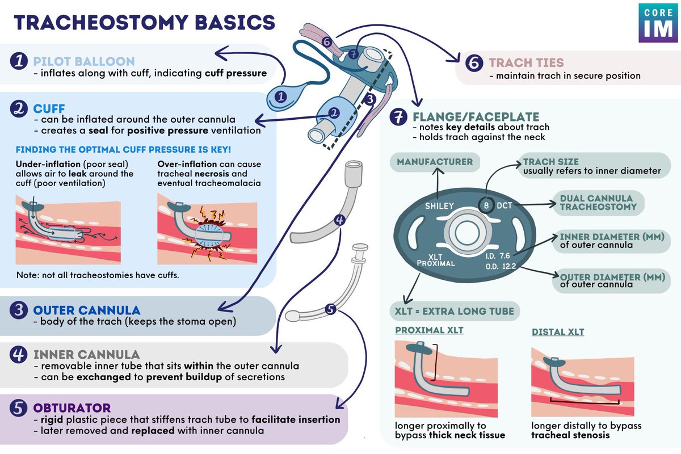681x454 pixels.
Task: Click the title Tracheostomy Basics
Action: tap(144, 22)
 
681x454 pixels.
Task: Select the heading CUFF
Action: tap(49, 108)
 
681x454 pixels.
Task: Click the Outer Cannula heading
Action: tap(86, 310)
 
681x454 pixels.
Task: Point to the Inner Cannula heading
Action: tap(86, 355)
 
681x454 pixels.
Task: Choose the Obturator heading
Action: tap(72, 408)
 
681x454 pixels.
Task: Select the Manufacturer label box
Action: tap(435, 162)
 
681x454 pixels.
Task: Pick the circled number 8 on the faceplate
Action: tap(486, 205)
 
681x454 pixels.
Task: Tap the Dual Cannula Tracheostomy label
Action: tap(597, 203)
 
